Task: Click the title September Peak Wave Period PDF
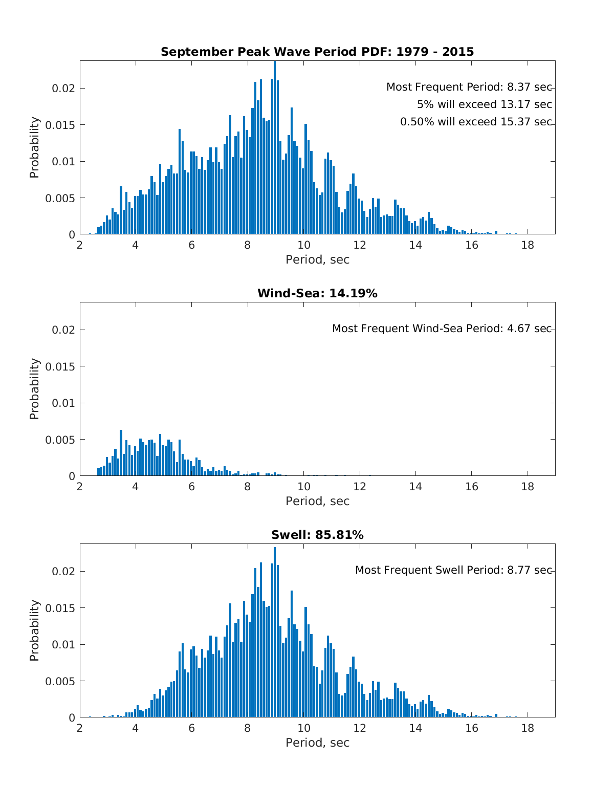(x=317, y=52)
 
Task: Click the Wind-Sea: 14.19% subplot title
(x=317, y=293)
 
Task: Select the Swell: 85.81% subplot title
(x=317, y=535)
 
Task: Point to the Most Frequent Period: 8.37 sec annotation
(x=469, y=87)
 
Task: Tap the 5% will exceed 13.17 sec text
(x=484, y=104)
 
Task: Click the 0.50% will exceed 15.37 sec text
(x=476, y=122)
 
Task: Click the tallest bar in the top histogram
(x=275, y=148)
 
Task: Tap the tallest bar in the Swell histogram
(x=275, y=633)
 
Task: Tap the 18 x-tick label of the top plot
(x=528, y=245)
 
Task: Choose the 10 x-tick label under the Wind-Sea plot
(x=304, y=487)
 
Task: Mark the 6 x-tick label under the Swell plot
(x=192, y=728)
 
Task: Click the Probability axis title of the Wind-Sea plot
(x=34, y=389)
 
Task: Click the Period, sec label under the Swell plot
(x=317, y=743)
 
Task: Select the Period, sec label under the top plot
(x=317, y=259)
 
